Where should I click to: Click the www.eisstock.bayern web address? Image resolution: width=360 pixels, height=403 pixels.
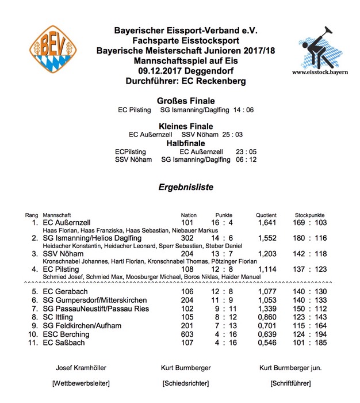pyautogui.click(x=318, y=73)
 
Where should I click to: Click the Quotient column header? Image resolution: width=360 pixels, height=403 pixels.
pyautogui.click(x=266, y=215)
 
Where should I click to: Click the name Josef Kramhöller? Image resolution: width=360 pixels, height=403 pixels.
pyautogui.click(x=81, y=368)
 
